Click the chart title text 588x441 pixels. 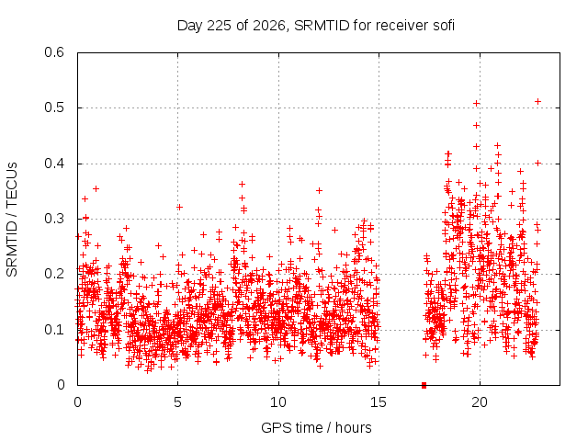tap(316, 26)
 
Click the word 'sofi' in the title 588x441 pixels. tap(444, 26)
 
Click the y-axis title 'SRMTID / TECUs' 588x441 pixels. tap(12, 220)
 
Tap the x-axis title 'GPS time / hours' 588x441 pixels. tap(316, 427)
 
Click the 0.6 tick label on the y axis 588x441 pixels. tap(54, 52)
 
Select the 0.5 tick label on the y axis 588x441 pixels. tap(54, 107)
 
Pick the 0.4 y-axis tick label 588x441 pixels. tap(54, 164)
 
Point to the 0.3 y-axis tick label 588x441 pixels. tap(54, 219)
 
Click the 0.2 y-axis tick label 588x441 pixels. tap(54, 274)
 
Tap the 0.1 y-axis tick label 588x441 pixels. tap(54, 330)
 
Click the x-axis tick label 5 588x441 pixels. tap(177, 402)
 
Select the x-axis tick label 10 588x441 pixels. tap(278, 402)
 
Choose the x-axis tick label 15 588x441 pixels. tap(379, 402)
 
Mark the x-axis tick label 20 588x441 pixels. tap(480, 402)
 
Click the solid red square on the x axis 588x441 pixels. tap(424, 385)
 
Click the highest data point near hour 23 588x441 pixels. tap(537, 102)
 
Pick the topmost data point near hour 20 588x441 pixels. tap(476, 103)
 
